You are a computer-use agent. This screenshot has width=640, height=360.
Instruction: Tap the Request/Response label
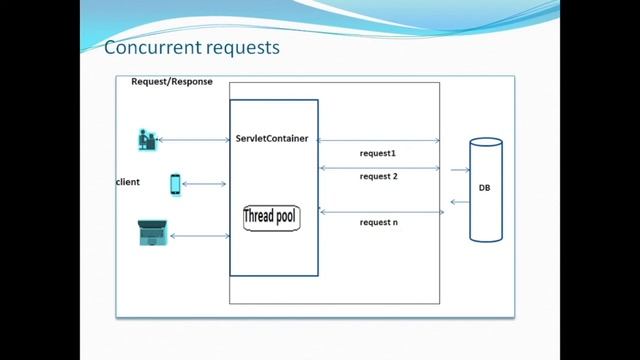point(172,81)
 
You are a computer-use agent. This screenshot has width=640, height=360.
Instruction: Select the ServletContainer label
point(272,137)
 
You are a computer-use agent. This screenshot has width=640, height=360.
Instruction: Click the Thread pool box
point(271,217)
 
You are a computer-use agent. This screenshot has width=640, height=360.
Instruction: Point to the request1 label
point(378,153)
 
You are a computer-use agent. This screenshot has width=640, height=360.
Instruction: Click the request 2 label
point(378,176)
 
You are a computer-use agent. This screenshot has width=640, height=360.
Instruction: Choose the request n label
point(380,222)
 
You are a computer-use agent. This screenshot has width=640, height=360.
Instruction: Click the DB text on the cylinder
point(484,188)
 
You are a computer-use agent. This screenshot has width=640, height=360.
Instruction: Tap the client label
point(128,182)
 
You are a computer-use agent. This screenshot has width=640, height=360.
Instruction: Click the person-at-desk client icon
point(147,139)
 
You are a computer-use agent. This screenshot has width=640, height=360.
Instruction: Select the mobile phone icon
point(176,185)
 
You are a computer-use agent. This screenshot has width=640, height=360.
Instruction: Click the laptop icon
point(152,233)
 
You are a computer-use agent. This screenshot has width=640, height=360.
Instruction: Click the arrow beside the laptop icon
point(200,236)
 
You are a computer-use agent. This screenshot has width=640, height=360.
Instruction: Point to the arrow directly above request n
point(380,211)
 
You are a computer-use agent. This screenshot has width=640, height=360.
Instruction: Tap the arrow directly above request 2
point(380,167)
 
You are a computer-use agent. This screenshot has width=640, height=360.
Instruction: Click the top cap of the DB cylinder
point(486,143)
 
